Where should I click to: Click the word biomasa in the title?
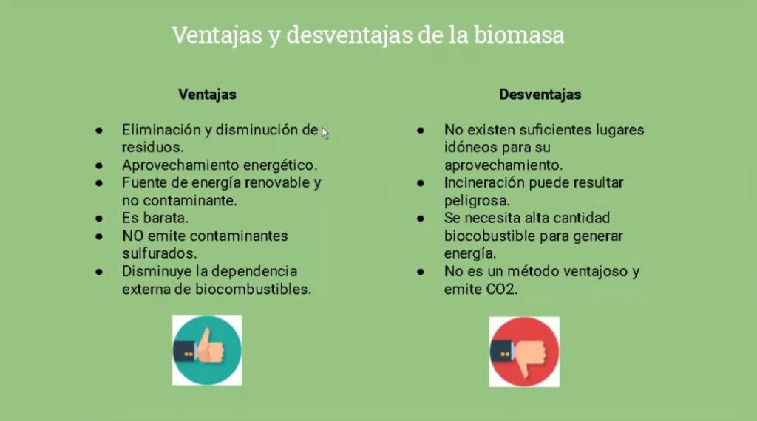pyautogui.click(x=519, y=35)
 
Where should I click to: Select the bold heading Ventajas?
pyautogui.click(x=207, y=95)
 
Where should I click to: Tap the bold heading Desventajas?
pyautogui.click(x=540, y=95)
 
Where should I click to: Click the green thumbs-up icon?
pyautogui.click(x=207, y=351)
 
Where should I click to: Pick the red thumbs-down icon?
pyautogui.click(x=524, y=352)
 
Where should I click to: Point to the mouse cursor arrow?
pyautogui.click(x=325, y=134)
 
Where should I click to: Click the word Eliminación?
pyautogui.click(x=161, y=130)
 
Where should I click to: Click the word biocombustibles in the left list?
pyautogui.click(x=253, y=290)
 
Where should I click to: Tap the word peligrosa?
pyautogui.click(x=477, y=201)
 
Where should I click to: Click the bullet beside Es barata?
pyautogui.click(x=99, y=219)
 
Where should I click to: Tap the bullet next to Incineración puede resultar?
pyautogui.click(x=421, y=183)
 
